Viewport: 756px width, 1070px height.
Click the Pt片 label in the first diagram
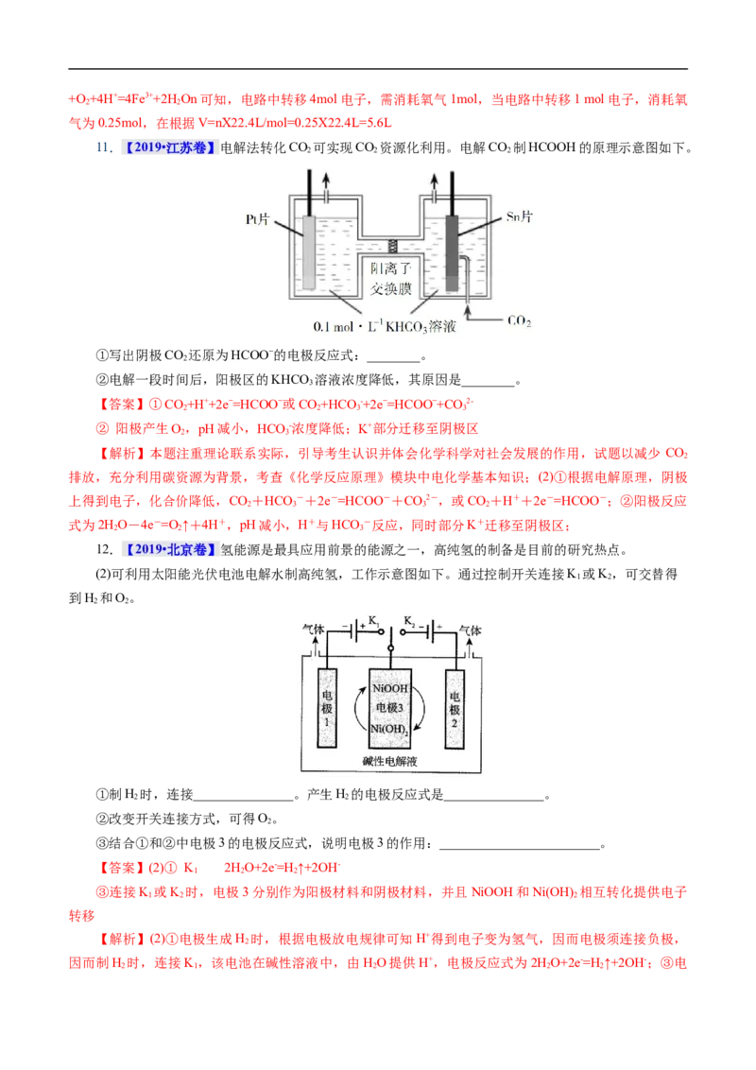pos(257,219)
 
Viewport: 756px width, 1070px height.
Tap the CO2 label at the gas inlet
pos(520,321)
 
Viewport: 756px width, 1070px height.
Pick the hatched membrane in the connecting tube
pos(394,244)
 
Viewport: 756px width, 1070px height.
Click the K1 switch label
pos(374,621)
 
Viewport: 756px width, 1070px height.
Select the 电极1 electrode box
pos(327,708)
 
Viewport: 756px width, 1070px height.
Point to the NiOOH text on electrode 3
pos(390,689)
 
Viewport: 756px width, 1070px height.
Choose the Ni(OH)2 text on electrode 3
pos(390,730)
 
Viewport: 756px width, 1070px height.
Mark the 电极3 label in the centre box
pos(390,708)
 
